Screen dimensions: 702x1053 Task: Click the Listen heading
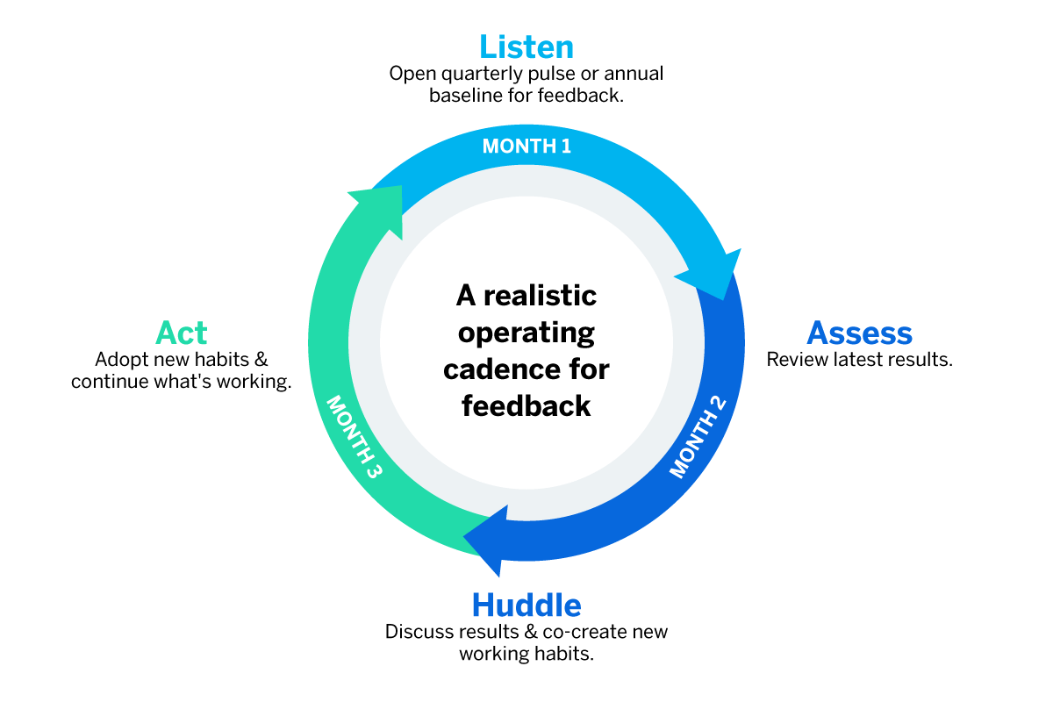pos(526,47)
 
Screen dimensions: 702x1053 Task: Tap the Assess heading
pos(859,333)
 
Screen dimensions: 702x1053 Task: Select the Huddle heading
pos(526,605)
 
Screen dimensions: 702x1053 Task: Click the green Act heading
pos(182,333)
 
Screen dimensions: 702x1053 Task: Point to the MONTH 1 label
pos(526,146)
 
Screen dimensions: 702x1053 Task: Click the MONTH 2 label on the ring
pos(699,434)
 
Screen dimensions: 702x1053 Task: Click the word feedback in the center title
pos(526,405)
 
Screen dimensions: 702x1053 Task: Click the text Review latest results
pos(859,360)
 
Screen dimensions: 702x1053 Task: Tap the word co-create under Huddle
pos(588,632)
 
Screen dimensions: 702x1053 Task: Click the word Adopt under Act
pos(118,360)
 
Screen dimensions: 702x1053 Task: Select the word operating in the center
pos(526,333)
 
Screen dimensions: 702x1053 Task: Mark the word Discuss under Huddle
pos(416,632)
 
